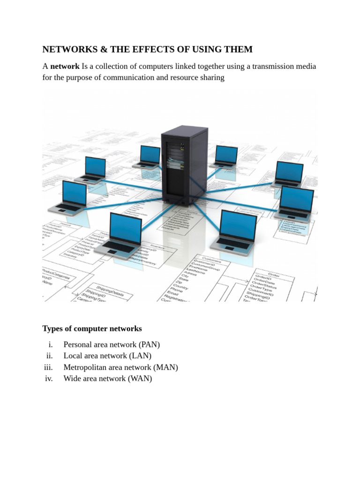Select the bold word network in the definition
(x=65, y=66)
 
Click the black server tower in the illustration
(x=184, y=162)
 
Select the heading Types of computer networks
(x=92, y=329)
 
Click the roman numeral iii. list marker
(x=48, y=367)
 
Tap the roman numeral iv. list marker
(x=49, y=379)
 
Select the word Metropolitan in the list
(x=86, y=367)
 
